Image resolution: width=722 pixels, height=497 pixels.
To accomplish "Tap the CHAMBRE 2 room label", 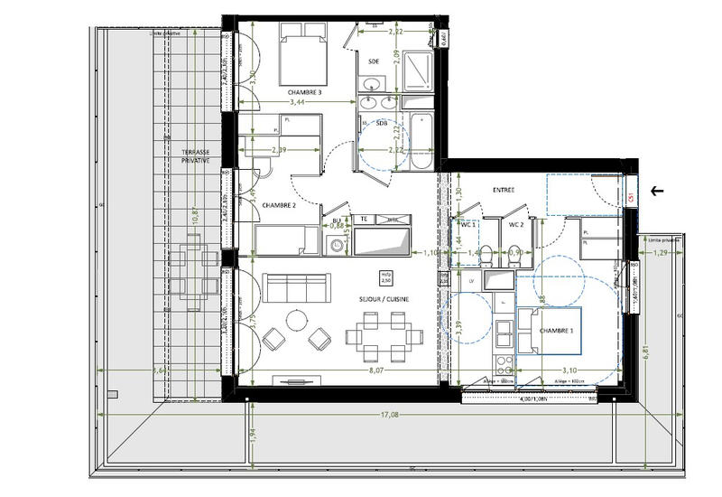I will pos(279,206).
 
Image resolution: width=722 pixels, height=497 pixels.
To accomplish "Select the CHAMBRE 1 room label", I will pos(557,333).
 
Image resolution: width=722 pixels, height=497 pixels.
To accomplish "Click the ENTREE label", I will pos(503,190).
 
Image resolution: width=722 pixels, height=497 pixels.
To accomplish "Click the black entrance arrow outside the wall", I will pos(657,191).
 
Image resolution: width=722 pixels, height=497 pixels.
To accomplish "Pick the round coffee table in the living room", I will pos(296,320).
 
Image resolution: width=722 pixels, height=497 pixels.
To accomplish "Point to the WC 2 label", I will pos(516,224).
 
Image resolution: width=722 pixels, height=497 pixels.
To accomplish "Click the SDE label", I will pos(375,61).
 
